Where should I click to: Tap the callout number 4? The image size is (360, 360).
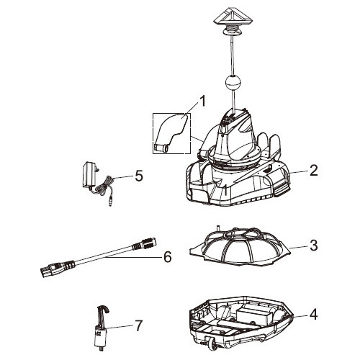coord(314,314)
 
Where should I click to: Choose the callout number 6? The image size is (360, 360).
coord(167,256)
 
